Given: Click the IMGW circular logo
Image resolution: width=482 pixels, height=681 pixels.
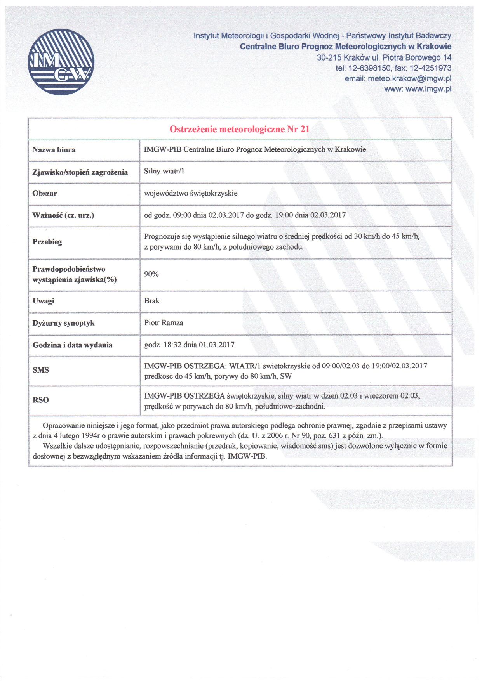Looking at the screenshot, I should coord(61,62).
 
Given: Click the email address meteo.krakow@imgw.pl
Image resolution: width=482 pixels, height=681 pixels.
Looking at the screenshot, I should coord(409,79).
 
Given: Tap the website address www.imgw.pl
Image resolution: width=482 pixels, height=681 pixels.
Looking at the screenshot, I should coord(428,89).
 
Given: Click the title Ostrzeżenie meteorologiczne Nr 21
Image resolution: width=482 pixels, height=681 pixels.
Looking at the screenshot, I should coord(240,129).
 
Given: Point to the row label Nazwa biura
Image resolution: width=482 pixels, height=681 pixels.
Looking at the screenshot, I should coord(54,150).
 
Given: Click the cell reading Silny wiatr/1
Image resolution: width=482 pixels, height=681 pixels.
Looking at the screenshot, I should coord(164,171).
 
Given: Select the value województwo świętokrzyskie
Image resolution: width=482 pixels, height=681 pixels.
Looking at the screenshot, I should coord(191,193).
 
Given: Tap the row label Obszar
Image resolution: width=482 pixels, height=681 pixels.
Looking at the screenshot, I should coord(45,193).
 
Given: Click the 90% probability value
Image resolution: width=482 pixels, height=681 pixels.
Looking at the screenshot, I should coord(151,274).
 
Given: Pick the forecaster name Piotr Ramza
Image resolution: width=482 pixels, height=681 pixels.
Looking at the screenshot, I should coord(164,322).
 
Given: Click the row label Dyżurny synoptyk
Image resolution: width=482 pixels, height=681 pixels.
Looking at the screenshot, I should coord(63,323).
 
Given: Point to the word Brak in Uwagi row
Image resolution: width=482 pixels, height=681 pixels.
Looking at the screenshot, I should coord(152,301).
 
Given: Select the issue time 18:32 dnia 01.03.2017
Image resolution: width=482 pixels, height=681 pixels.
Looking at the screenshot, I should coord(198,345).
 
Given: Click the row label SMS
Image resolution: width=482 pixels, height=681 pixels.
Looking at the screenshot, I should coord(41,370).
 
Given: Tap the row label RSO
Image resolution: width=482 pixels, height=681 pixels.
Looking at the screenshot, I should coord(41,400).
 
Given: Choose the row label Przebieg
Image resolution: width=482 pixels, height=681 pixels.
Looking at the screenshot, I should coord(47,241).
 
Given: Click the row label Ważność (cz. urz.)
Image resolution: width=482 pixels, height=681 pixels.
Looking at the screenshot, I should coord(63,215).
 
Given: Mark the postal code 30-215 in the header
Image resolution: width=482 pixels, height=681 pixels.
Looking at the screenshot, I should coord(329,57).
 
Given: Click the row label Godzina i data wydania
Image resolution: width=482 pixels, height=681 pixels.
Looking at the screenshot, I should coord(72,345).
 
